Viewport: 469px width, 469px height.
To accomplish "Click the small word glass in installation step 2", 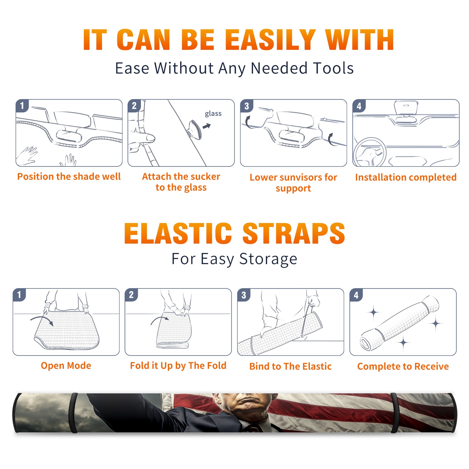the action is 213,114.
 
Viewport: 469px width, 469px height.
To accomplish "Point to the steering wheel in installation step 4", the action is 370,152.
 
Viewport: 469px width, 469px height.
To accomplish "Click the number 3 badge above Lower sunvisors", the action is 247,106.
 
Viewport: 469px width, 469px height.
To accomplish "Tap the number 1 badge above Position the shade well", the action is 22,106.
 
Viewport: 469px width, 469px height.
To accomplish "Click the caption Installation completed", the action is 406,177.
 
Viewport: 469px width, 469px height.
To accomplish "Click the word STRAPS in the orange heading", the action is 294,233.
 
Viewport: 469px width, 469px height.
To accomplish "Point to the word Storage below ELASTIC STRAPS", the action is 268,259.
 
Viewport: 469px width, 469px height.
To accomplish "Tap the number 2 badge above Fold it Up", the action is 131,295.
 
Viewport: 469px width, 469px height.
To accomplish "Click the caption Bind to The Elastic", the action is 290,366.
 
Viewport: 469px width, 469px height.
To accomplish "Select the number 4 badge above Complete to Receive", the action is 356,295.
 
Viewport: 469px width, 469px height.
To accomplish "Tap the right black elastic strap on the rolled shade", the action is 395,413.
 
